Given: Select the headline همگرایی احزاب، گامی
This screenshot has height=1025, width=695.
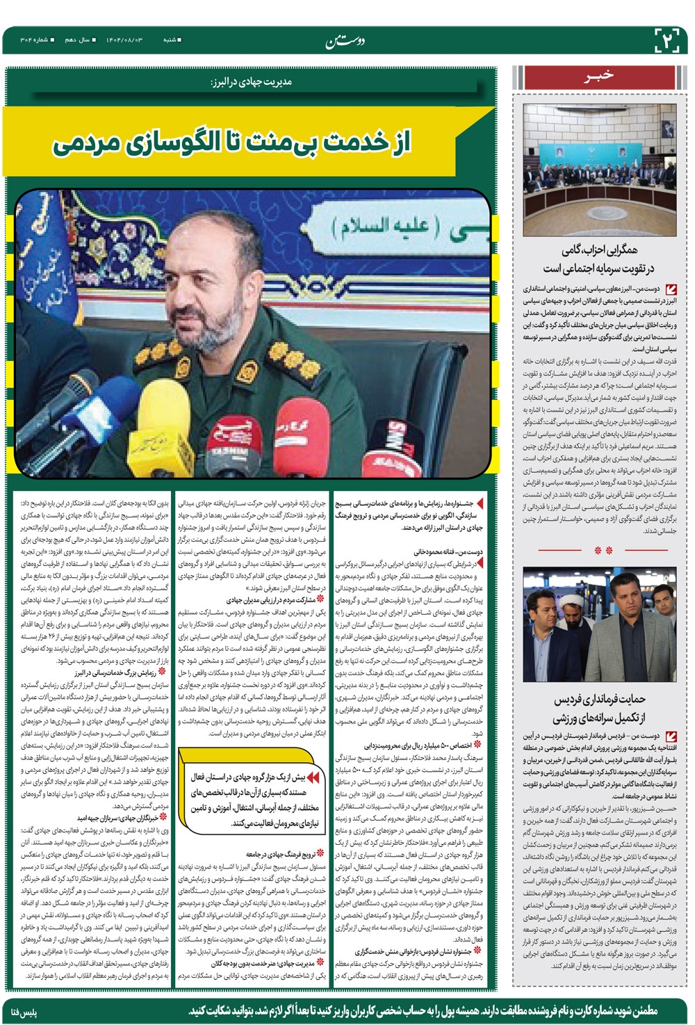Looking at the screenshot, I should [599, 259].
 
